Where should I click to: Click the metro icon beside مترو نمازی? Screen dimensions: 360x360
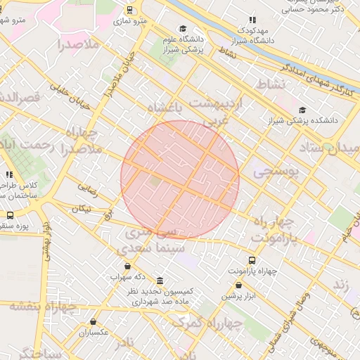pyautogui.click(x=129, y=10)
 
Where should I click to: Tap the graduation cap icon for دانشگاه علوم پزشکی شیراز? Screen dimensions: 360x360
pyautogui.click(x=183, y=29)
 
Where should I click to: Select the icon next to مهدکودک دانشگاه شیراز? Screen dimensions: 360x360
pyautogui.click(x=252, y=20)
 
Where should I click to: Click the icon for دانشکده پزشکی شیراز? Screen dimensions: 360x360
pyautogui.click(x=302, y=110)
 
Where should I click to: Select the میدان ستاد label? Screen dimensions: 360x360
pyautogui.click(x=331, y=148)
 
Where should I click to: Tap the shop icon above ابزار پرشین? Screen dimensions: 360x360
pyautogui.click(x=238, y=285)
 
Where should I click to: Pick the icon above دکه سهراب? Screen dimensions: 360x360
pyautogui.click(x=127, y=266)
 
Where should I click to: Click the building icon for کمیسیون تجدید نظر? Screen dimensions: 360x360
pyautogui.click(x=161, y=281)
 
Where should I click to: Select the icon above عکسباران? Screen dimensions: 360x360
pyautogui.click(x=94, y=322)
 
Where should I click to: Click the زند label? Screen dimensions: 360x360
pyautogui.click(x=340, y=285)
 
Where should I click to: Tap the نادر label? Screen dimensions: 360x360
pyautogui.click(x=124, y=342)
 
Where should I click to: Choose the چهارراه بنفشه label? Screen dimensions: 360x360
pyautogui.click(x=43, y=307)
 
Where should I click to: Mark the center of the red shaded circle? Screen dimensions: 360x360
pyautogui.click(x=180, y=179)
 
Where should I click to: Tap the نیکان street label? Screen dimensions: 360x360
pyautogui.click(x=81, y=209)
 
